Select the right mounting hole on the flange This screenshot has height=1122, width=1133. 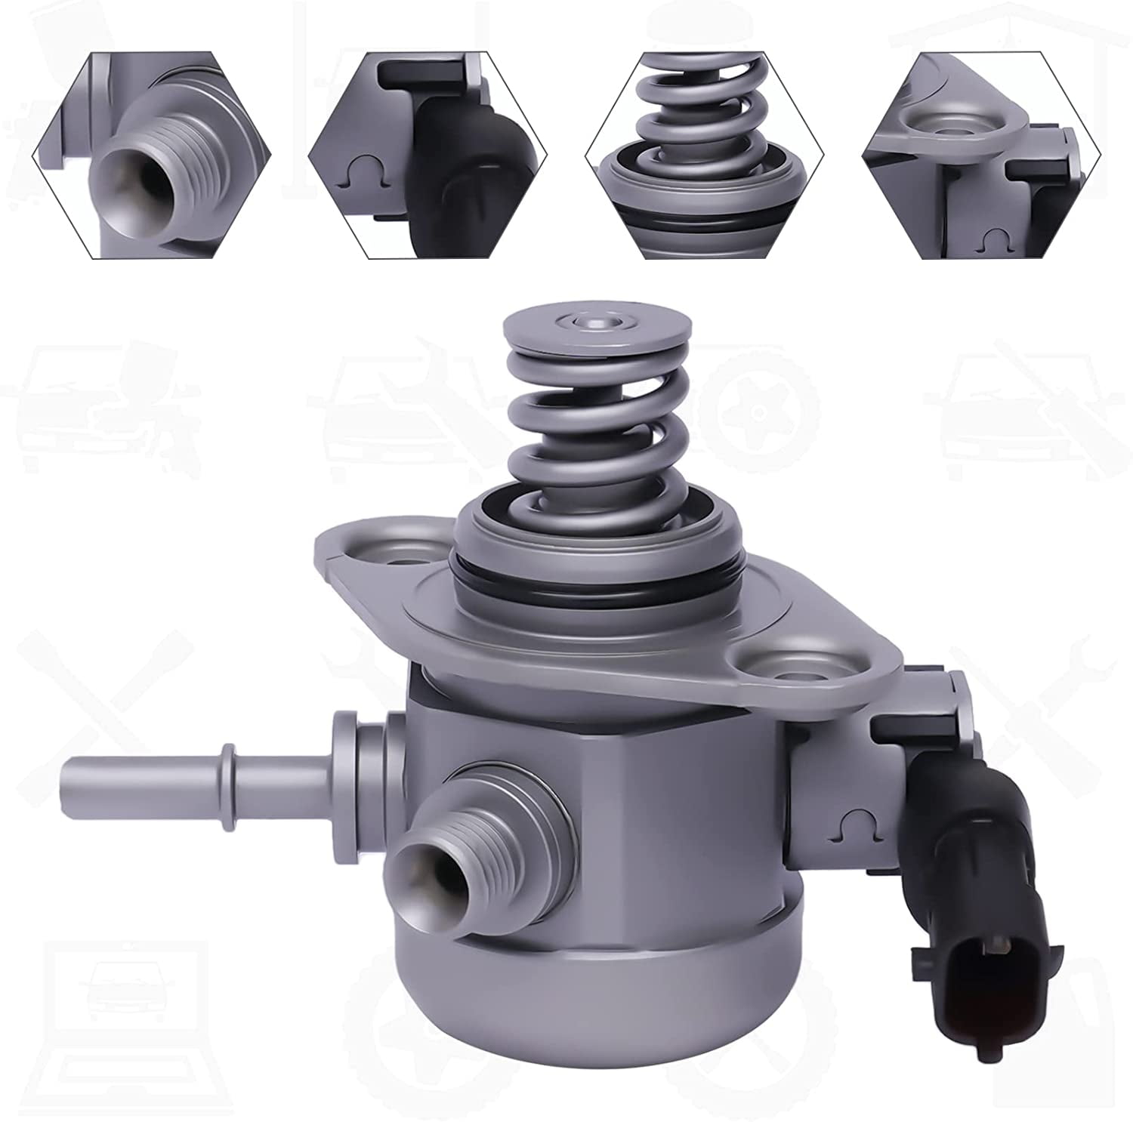786,671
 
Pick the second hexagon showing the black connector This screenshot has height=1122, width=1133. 428,156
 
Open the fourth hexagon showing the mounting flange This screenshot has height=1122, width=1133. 982,156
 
